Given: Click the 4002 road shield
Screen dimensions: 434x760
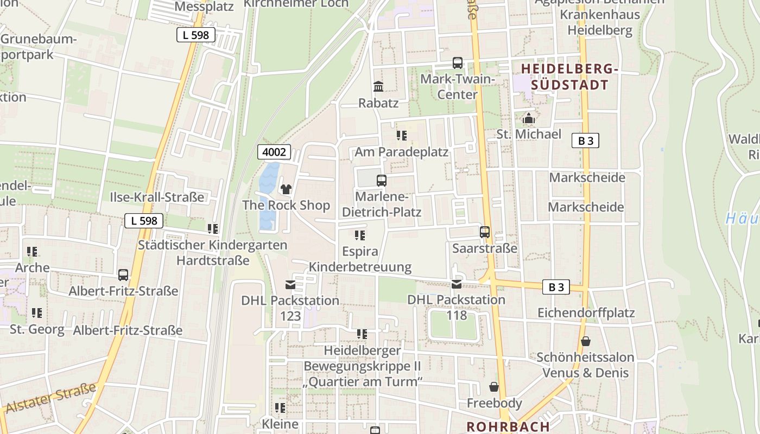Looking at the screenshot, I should coord(274,152).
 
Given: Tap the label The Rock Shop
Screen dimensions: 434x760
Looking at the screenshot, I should coord(286,205).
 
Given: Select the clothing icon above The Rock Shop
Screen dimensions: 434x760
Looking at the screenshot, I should coord(286,189).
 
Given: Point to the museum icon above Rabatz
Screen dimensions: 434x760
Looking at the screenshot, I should coord(378,87).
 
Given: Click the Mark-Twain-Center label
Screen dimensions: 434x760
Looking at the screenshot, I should coord(458,87).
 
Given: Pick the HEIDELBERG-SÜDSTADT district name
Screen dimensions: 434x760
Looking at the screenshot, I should coord(570,77).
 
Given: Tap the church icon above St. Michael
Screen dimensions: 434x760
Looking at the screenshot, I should coord(529,118).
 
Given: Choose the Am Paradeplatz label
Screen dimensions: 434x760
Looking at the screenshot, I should coord(402,152).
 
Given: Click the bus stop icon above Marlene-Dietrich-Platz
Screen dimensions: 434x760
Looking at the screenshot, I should coord(382,181).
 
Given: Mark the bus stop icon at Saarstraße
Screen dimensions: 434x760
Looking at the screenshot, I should coord(485,232).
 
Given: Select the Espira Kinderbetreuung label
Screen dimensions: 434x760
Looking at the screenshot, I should coord(360,259).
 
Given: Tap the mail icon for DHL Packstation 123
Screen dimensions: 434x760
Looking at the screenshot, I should coord(290,285).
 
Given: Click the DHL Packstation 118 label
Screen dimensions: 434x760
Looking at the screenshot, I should coord(456,307).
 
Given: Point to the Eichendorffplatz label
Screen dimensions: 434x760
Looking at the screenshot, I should coord(586,313).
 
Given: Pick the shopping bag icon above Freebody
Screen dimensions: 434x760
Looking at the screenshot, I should coord(494,387).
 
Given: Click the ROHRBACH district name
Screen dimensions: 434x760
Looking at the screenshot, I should coord(508,426).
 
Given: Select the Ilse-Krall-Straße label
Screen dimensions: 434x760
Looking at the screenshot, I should coord(157,197).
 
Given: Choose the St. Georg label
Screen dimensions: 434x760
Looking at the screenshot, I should coord(37,329).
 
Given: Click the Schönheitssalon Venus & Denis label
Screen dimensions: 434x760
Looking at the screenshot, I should coord(585,365).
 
